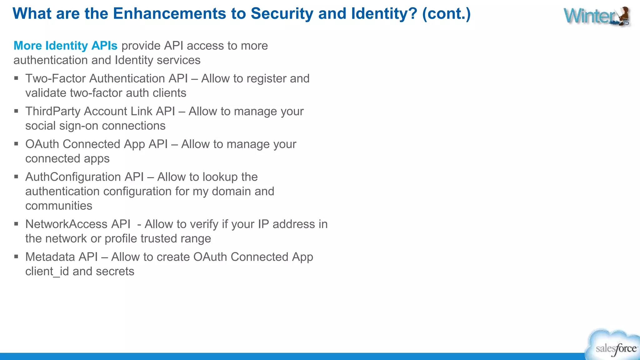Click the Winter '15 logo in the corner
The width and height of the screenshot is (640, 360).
(x=597, y=16)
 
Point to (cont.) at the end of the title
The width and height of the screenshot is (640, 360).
(x=446, y=14)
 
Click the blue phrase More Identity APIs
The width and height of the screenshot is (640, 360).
(x=66, y=46)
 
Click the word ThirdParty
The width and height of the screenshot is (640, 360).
(x=53, y=111)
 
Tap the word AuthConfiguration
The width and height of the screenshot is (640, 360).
(x=73, y=177)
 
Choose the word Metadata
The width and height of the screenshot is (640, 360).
(x=50, y=257)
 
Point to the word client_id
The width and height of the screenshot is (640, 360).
(x=47, y=271)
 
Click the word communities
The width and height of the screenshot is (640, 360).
(x=59, y=206)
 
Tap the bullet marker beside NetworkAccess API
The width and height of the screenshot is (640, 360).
(x=16, y=224)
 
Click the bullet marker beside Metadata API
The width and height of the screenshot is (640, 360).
(x=16, y=257)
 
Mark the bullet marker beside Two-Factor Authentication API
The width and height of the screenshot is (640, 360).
(x=16, y=78)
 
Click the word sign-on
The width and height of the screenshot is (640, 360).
(x=79, y=126)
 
